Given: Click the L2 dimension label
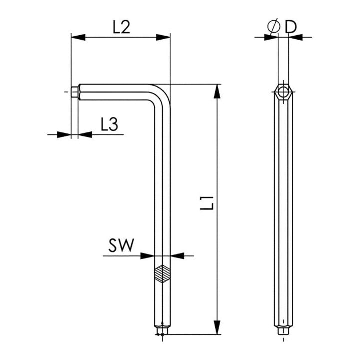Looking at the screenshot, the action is coord(121,27).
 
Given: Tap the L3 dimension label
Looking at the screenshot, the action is coord(109,124).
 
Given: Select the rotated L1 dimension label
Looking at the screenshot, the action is coord(207,203).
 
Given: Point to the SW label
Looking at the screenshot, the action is coord(121,245).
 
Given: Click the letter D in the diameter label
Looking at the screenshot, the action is coord(291,27).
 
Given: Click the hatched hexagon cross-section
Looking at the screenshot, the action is coord(162,274).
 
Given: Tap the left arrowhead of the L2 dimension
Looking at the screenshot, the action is coord(78,37).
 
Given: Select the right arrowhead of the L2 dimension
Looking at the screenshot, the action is coord(163,37).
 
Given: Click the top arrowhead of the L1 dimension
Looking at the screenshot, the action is coord(217,91).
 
